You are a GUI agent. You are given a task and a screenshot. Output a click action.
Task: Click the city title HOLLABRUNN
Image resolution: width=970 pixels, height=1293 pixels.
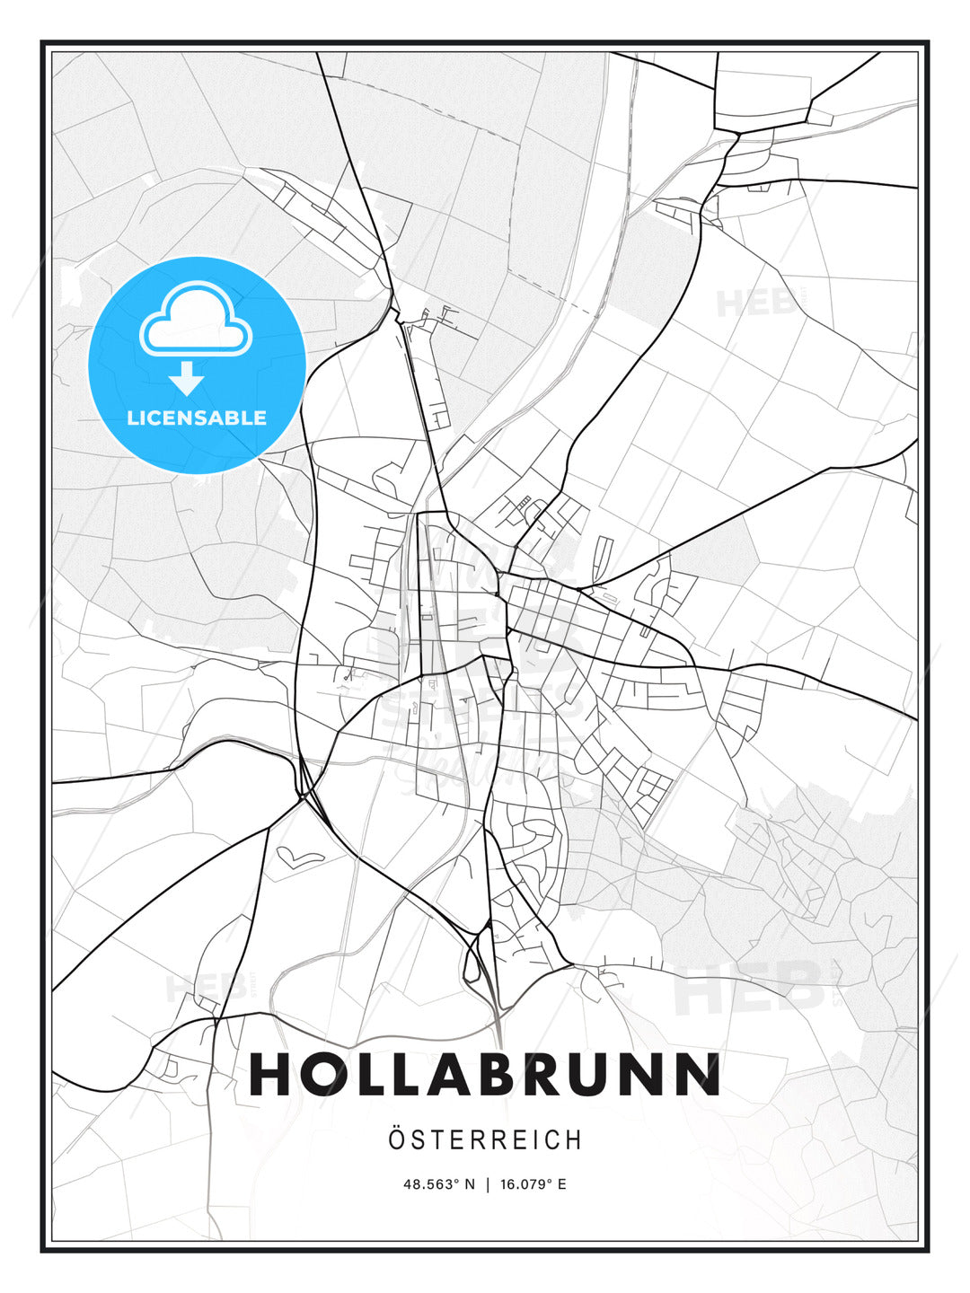pyautogui.click(x=485, y=1074)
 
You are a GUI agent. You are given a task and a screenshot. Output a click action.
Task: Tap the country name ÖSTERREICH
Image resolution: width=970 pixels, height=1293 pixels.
pyautogui.click(x=485, y=1140)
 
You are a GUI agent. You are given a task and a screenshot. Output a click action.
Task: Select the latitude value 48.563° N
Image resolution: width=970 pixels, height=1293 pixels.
pyautogui.click(x=438, y=1184)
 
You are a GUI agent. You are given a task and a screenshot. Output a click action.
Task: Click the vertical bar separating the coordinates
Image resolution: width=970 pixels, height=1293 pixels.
pyautogui.click(x=486, y=1184)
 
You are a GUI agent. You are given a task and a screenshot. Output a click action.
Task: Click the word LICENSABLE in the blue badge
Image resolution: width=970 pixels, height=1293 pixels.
pyautogui.click(x=197, y=418)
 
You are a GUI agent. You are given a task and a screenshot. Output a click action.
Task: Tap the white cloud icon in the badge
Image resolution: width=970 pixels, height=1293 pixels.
pyautogui.click(x=197, y=318)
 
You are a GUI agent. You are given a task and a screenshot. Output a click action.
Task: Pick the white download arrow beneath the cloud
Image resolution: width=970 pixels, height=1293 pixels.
pyautogui.click(x=187, y=378)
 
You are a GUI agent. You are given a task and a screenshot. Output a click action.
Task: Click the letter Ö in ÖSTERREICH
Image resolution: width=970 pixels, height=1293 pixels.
pyautogui.click(x=398, y=1139)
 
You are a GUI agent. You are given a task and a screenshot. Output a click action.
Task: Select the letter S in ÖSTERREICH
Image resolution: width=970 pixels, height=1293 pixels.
pyautogui.click(x=419, y=1140)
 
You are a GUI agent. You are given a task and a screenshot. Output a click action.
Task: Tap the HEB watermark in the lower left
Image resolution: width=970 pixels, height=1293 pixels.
pyautogui.click(x=207, y=988)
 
